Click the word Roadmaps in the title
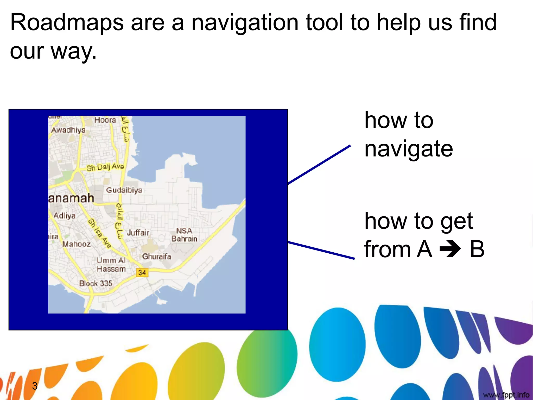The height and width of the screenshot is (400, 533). pos(67,23)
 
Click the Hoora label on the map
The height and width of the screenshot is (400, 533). pos(105,120)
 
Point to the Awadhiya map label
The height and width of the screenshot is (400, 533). pos(68,130)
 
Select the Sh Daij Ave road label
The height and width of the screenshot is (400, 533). pos(105,167)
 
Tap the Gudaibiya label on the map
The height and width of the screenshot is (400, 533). pos(124,190)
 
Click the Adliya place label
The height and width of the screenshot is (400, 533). pos(65,216)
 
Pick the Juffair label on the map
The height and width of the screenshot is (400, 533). pos(138,233)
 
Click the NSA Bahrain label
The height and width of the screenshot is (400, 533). pos(184,235)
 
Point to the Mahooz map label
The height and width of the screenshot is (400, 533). pos(76,244)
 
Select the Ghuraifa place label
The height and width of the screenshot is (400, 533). pos(156,257)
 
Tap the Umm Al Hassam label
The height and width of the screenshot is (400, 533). pos(111,265)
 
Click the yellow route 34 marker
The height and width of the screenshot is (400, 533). pos(142,273)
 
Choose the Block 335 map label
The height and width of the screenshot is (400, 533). pos(96,283)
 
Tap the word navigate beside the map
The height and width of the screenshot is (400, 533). pos(409,149)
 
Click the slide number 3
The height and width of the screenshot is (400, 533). pos(35,386)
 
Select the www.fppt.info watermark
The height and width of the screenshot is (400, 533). pos(506,395)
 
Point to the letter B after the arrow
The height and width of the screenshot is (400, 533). pos(477,249)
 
